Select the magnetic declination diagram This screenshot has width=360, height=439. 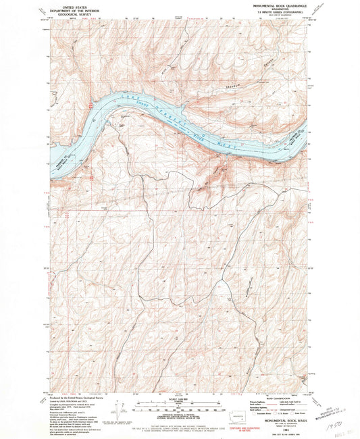tap(122, 409)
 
